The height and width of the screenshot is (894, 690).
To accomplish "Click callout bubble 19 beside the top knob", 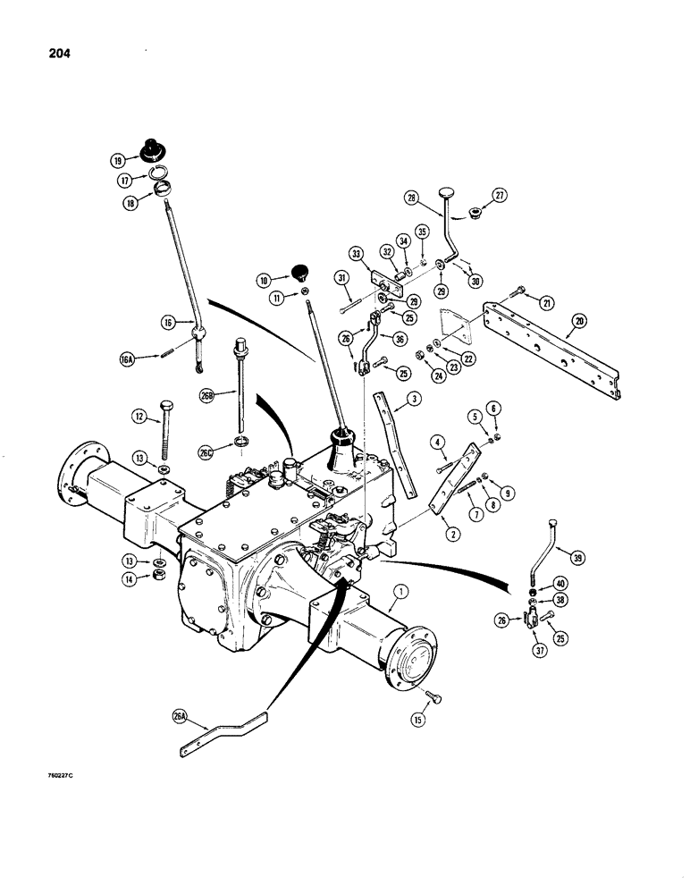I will (x=117, y=162).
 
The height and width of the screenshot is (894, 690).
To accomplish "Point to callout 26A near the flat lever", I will (x=184, y=715).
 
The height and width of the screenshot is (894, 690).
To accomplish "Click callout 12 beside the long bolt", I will (x=139, y=415).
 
